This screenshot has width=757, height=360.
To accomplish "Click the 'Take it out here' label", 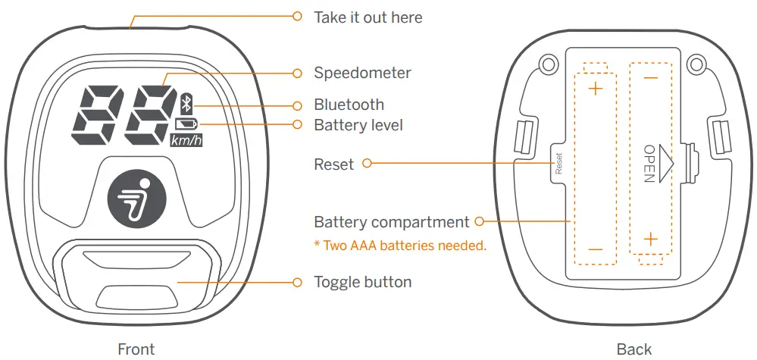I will click(x=368, y=17).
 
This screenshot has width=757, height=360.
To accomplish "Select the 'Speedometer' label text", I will click(x=362, y=74).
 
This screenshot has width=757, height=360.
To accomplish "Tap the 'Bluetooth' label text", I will click(x=349, y=105).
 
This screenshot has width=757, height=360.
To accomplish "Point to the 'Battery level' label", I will click(x=358, y=124).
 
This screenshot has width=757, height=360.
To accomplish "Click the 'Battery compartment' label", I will click(x=391, y=222).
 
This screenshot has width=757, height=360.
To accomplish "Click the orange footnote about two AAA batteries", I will click(x=399, y=246).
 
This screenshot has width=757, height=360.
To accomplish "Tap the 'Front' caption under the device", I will click(x=136, y=349).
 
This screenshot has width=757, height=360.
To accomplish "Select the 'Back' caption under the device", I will click(x=634, y=349).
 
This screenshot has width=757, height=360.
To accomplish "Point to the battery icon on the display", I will click(x=186, y=124).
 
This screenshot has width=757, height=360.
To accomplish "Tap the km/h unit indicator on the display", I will click(x=186, y=139).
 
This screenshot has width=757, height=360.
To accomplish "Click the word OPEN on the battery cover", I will click(x=649, y=163).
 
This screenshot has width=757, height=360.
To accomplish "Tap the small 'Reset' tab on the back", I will click(x=558, y=163).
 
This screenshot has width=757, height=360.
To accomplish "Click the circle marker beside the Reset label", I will click(x=367, y=163).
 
